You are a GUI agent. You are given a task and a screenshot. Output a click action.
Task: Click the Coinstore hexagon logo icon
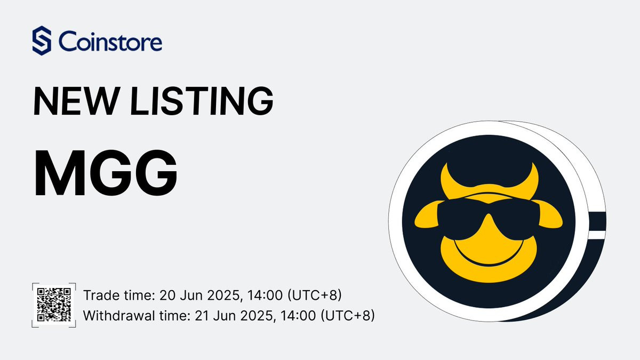tap(42, 41)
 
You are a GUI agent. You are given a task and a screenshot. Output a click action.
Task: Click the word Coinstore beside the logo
tap(110, 42)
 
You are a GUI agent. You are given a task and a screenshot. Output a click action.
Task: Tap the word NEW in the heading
tap(76, 101)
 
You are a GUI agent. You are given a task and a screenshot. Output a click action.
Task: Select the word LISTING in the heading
tap(202, 101)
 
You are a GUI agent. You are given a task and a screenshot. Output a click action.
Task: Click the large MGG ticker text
tap(106, 173)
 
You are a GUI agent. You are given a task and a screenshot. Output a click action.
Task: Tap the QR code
tap(54, 305)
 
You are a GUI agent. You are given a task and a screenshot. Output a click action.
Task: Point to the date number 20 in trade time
tap(167, 295)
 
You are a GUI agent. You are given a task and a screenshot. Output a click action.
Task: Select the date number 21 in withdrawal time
tap(202, 316)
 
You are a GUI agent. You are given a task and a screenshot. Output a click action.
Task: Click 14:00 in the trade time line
tap(265, 295)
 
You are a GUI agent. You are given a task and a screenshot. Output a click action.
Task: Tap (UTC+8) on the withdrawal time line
tap(347, 316)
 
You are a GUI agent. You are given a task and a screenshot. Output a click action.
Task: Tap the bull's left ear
tap(427, 215)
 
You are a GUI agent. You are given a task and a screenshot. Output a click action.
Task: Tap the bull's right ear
tap(550, 215)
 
